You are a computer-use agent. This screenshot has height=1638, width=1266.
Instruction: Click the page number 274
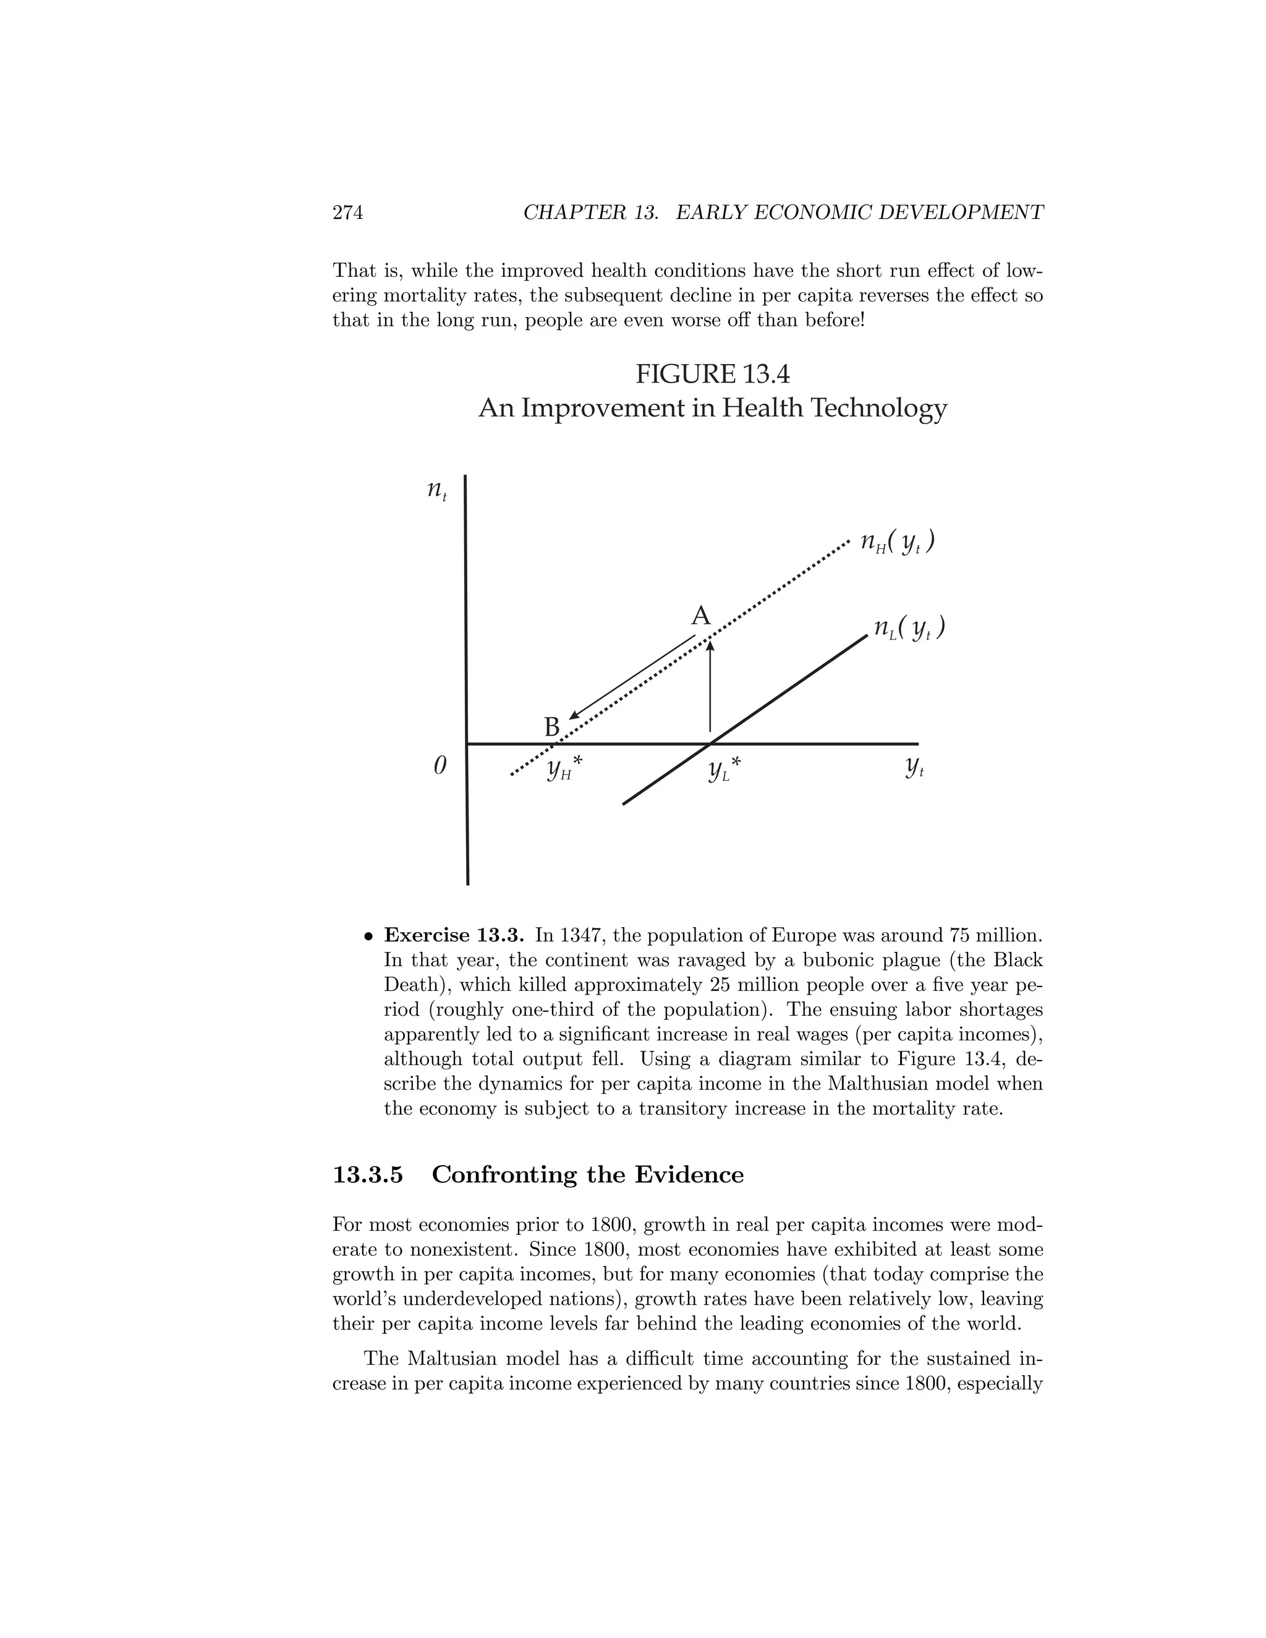[347, 213]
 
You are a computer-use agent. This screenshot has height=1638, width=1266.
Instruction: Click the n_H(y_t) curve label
[897, 542]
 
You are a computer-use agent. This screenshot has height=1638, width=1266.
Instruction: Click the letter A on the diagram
[700, 616]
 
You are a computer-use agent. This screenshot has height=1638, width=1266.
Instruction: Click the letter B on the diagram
[551, 727]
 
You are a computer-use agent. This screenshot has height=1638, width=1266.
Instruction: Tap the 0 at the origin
[440, 766]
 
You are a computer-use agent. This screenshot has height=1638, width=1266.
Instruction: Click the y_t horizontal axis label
[914, 766]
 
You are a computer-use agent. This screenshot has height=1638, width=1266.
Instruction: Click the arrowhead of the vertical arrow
[710, 645]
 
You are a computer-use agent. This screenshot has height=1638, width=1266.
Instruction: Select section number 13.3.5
[368, 1174]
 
